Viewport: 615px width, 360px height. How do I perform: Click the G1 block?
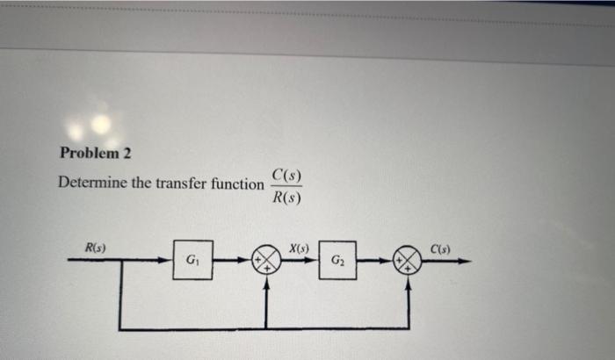tap(192, 261)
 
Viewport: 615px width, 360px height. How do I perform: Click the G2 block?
tap(338, 261)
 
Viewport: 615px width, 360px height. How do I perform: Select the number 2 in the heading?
tap(127, 153)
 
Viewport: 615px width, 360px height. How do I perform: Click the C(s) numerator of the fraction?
tap(287, 174)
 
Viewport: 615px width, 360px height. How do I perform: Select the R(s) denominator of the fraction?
tap(287, 198)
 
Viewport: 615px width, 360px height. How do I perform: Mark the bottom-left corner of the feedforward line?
tap(119, 329)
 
